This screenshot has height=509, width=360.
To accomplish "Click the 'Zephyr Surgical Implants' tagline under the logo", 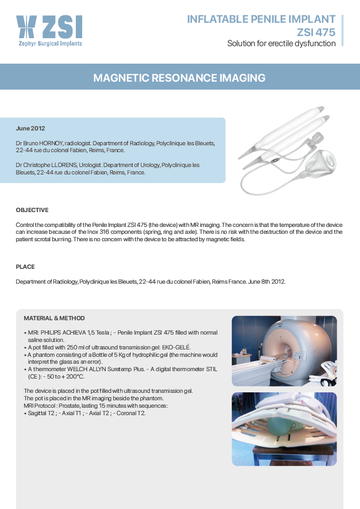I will click(x=49, y=43).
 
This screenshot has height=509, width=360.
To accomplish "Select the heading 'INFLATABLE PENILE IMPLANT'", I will click(x=261, y=20).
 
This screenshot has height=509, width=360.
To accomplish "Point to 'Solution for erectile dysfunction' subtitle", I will click(x=281, y=43).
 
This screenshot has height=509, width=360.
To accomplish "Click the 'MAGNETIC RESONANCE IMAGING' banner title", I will click(x=179, y=78).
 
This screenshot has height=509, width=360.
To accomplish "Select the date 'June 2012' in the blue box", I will click(x=30, y=128).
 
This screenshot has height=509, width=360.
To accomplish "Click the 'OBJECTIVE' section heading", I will click(x=32, y=210).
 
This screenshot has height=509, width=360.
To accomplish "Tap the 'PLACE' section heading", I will click(x=25, y=267).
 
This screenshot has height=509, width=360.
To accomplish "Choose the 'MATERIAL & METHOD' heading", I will click(x=54, y=318).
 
